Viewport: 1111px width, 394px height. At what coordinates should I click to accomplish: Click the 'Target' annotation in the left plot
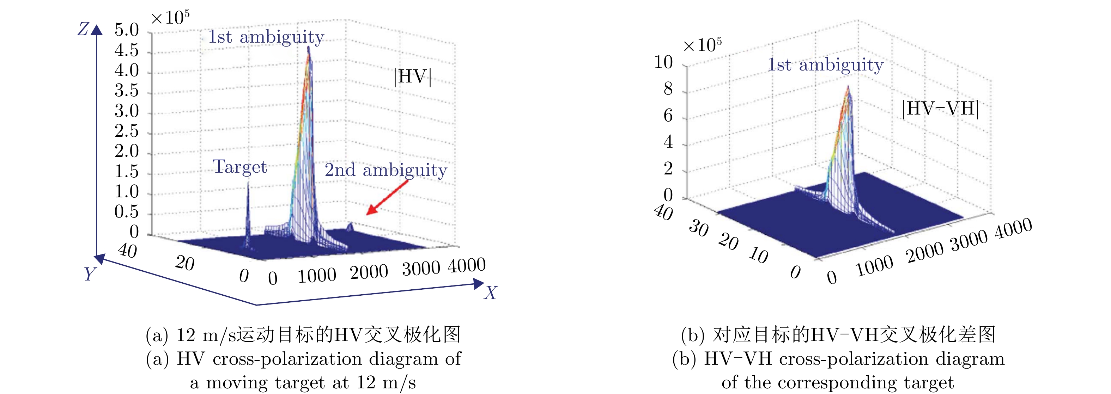[x=240, y=167]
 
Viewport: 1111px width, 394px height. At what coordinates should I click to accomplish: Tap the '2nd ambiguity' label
[x=385, y=170]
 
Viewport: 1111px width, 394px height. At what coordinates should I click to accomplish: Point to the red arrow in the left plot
[x=387, y=197]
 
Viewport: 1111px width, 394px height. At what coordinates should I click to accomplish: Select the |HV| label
[x=412, y=77]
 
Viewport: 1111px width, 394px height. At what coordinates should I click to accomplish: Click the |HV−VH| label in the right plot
[x=940, y=109]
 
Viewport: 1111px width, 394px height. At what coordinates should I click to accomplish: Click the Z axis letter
[x=83, y=29]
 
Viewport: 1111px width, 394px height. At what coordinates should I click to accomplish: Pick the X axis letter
[x=490, y=293]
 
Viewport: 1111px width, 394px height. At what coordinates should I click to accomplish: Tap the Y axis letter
[x=90, y=274]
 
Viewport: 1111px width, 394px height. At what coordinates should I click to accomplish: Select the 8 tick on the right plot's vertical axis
[x=668, y=89]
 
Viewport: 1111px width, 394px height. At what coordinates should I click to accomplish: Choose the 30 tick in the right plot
[x=699, y=228]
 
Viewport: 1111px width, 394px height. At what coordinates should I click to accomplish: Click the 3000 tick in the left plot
[x=421, y=269]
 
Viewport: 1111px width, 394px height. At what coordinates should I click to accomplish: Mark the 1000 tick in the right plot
[x=875, y=266]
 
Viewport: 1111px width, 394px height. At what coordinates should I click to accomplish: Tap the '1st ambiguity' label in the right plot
[x=825, y=65]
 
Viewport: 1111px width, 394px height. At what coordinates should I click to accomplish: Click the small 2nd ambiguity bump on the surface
[x=350, y=226]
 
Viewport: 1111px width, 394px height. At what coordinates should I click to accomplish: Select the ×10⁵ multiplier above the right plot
[x=702, y=45]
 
